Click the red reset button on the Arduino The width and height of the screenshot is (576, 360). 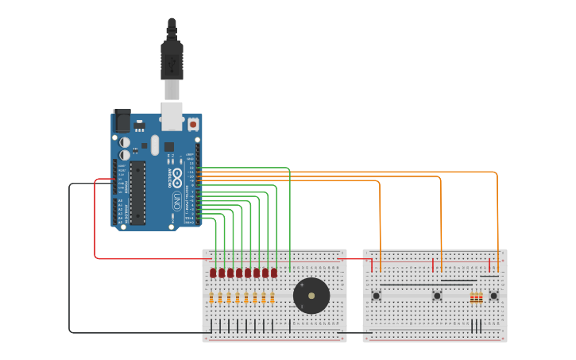click(193, 125)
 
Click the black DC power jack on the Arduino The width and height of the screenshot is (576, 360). click(122, 121)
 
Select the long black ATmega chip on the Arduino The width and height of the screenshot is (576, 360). click(138, 193)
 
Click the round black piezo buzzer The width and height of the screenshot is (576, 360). click(311, 296)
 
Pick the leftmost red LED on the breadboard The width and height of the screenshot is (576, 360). click(213, 273)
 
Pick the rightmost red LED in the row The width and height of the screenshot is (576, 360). click(274, 273)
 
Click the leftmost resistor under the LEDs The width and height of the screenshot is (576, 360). click(212, 298)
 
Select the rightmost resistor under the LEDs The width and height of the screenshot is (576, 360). click(273, 298)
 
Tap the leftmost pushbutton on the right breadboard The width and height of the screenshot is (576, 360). click(377, 296)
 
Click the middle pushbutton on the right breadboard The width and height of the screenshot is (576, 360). click(437, 296)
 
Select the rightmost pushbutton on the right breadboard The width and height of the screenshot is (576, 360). click(493, 296)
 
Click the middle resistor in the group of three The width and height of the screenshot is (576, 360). click(477, 298)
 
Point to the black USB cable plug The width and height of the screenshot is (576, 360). click(172, 60)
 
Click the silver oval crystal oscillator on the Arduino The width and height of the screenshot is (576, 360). click(155, 145)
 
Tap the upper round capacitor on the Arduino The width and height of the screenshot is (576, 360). click(125, 142)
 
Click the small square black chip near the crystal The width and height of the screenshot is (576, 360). click(168, 147)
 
